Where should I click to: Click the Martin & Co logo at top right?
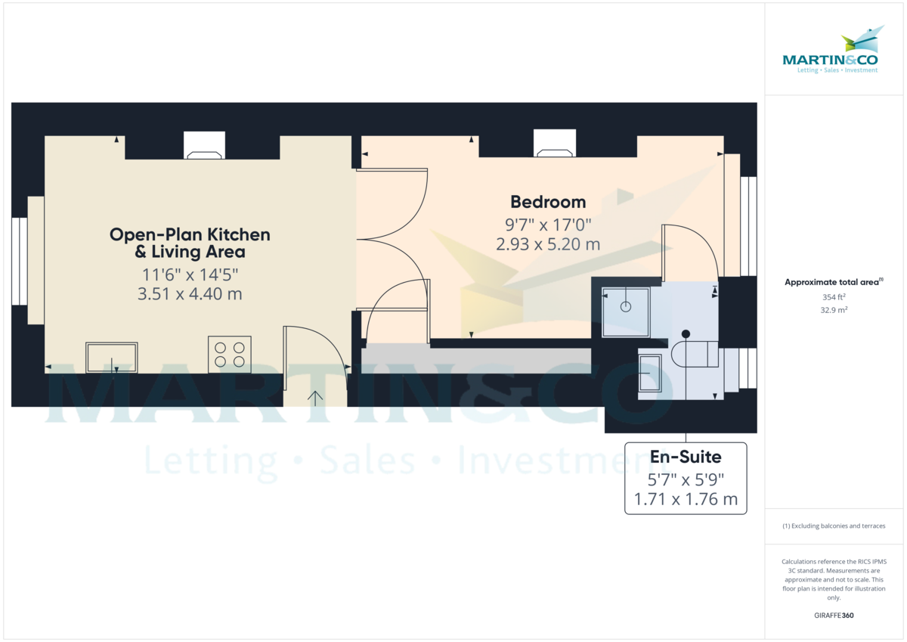tap(830, 51)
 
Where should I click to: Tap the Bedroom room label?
tap(548, 202)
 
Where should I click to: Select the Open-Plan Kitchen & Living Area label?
tap(190, 243)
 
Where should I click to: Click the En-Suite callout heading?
tap(686, 457)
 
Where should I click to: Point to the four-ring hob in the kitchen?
tap(230, 355)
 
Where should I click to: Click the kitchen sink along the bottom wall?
tap(112, 358)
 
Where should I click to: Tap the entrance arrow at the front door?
tap(314, 397)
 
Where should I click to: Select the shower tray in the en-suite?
tap(626, 312)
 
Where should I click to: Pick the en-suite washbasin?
tap(650, 373)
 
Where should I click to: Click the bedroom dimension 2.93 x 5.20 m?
tap(548, 244)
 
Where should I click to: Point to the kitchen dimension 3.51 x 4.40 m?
tap(190, 293)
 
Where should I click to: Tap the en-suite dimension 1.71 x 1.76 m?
tap(686, 499)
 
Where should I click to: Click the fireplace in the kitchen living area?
tap(205, 147)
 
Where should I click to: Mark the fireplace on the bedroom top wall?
tap(555, 144)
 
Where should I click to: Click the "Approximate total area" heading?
tap(834, 282)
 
